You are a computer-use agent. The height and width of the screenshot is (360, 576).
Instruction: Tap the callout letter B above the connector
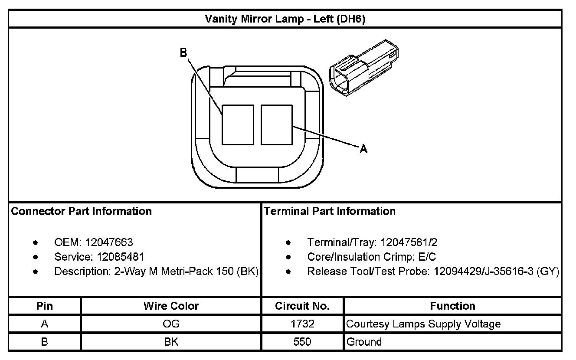pos(183,53)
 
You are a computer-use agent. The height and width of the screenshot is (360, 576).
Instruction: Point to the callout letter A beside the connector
pos(363,149)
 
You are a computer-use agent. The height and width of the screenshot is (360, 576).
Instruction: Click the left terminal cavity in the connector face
pos(238,124)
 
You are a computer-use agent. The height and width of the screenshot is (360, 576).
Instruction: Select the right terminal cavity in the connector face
pos(277,124)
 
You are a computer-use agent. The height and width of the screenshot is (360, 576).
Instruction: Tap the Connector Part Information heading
pos(82,211)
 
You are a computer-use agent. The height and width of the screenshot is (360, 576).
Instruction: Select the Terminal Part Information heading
pos(330,211)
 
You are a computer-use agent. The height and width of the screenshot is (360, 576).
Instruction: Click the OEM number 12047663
pos(109,242)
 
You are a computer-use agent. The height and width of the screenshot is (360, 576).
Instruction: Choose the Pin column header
pos(45,306)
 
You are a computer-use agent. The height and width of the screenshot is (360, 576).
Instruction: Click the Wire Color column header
pos(171,306)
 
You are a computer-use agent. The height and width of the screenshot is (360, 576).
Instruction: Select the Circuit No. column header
pos(302,306)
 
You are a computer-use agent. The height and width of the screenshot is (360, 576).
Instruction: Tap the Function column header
pos(452,306)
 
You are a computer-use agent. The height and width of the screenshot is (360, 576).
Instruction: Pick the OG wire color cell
pos(171,324)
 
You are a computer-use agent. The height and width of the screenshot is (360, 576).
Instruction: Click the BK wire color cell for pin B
pos(171,342)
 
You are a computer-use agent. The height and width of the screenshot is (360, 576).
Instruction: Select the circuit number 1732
pos(302,324)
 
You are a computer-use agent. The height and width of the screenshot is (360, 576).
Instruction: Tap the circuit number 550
pos(302,342)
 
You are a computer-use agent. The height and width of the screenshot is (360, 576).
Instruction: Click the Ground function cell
pos(364,342)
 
